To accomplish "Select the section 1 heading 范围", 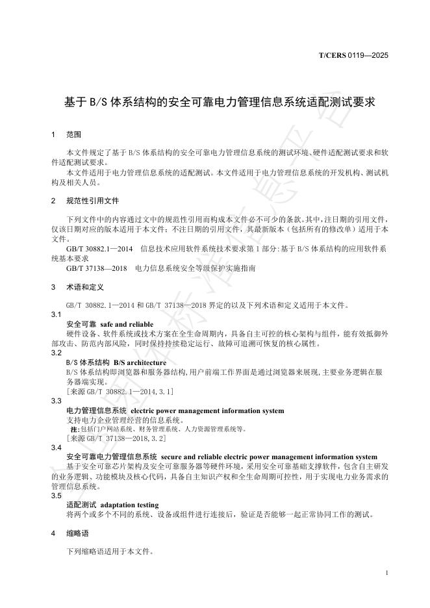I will [73, 135].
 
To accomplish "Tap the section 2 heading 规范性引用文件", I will [93, 200].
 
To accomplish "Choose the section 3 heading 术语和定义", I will [85, 286].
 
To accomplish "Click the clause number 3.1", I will [56, 314].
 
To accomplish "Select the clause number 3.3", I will [56, 401].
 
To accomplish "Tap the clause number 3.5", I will [56, 495].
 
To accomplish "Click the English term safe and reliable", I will [128, 323].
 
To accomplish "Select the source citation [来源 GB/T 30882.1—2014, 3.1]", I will [120, 392].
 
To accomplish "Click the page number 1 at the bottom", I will [386, 572].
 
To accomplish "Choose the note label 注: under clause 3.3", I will [73, 429].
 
